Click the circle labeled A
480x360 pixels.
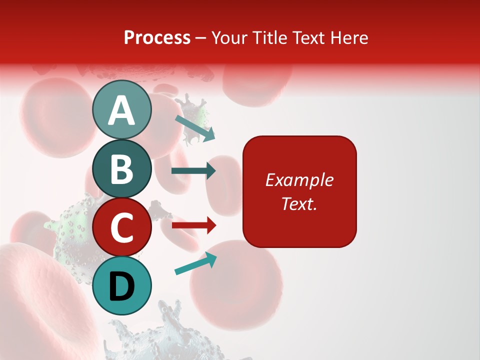(x=121, y=109)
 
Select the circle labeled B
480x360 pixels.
(x=121, y=168)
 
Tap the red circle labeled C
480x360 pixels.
(x=121, y=227)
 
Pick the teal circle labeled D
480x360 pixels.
(x=121, y=286)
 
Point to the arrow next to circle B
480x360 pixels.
(x=193, y=171)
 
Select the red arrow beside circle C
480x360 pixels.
(x=193, y=225)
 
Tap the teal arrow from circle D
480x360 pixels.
(x=195, y=264)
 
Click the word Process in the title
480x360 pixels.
(x=157, y=37)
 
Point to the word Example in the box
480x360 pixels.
(x=299, y=180)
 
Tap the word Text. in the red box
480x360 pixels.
(x=299, y=203)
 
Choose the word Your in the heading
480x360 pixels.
(x=228, y=37)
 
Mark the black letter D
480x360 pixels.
(x=121, y=286)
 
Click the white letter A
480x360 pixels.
(x=121, y=110)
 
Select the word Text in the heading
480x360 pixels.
(x=308, y=37)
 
